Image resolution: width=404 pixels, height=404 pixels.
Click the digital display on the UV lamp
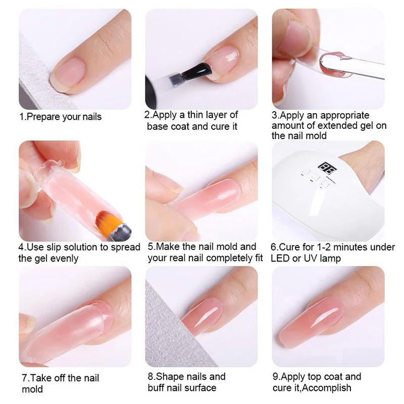click(323, 167)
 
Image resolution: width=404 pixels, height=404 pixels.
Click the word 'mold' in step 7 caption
click(32, 389)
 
